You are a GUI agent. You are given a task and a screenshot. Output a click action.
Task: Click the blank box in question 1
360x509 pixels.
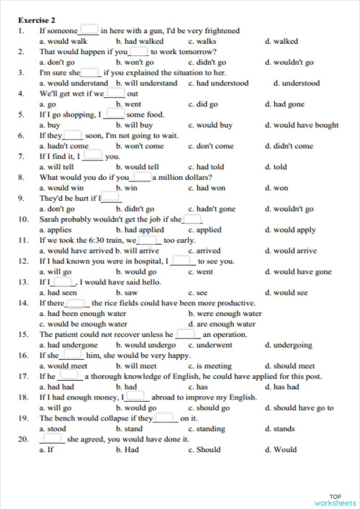click(89, 30)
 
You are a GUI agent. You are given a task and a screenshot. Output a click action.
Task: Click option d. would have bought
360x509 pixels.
click(301, 125)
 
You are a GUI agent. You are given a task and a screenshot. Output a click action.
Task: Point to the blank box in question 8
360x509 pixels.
click(142, 176)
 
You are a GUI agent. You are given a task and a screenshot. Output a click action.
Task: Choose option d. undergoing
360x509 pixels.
click(289, 346)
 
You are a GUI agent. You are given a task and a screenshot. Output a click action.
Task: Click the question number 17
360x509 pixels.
click(23, 377)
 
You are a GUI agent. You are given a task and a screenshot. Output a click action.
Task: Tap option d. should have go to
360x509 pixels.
click(299, 408)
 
